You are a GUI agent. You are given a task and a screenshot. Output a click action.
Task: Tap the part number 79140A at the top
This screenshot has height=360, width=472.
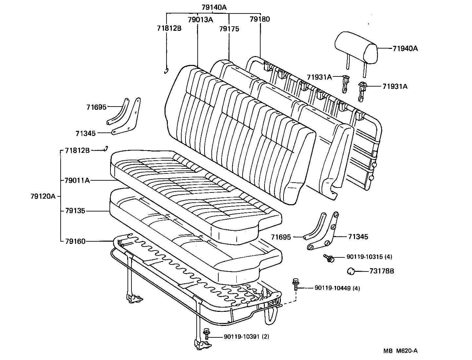point(214,7)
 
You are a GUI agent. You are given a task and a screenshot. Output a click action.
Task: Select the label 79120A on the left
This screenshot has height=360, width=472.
point(43,196)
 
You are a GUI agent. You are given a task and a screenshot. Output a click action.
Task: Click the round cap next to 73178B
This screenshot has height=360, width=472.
point(351,271)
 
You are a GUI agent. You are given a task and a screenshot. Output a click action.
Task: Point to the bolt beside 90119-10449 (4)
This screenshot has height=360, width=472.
point(296,284)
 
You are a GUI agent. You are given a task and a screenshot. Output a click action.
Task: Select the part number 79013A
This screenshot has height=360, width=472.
point(200,19)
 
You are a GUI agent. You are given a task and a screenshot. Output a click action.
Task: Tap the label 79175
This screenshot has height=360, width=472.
point(229,29)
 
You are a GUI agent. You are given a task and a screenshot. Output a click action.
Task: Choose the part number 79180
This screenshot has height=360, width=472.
point(260,19)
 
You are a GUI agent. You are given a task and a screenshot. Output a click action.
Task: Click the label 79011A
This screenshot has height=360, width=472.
point(77,180)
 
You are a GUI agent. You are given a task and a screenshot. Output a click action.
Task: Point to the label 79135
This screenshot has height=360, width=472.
point(75,210)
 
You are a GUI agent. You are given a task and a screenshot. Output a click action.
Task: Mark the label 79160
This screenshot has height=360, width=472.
point(75,241)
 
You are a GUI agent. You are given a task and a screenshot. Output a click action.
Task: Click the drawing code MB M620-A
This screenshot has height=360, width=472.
point(401,350)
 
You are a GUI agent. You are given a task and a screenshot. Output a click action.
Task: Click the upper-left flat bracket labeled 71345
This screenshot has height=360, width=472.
point(128,118)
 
